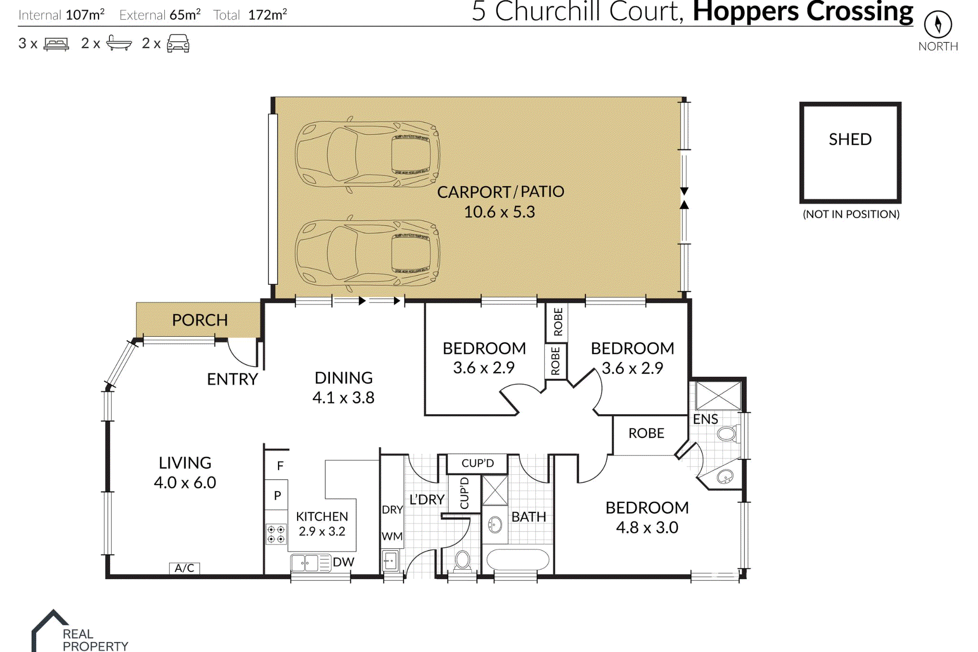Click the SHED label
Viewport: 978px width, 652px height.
(x=850, y=139)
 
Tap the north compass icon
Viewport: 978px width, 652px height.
(x=938, y=24)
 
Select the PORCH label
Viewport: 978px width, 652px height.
(x=200, y=320)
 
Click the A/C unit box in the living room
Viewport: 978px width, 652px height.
(x=184, y=568)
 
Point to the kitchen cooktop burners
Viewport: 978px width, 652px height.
(x=276, y=534)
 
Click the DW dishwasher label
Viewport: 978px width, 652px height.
(x=343, y=562)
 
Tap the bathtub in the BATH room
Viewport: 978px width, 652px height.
(x=518, y=560)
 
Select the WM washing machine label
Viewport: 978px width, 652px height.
(x=392, y=536)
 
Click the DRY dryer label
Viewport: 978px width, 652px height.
(x=392, y=510)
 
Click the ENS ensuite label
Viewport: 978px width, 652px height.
(x=705, y=419)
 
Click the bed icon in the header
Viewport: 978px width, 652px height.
(x=56, y=44)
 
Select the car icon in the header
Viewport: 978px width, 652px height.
(x=178, y=43)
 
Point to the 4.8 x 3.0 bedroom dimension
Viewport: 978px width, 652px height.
(x=647, y=527)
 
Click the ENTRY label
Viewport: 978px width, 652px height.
(x=233, y=379)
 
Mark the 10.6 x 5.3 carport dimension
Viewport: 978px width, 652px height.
(x=500, y=212)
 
